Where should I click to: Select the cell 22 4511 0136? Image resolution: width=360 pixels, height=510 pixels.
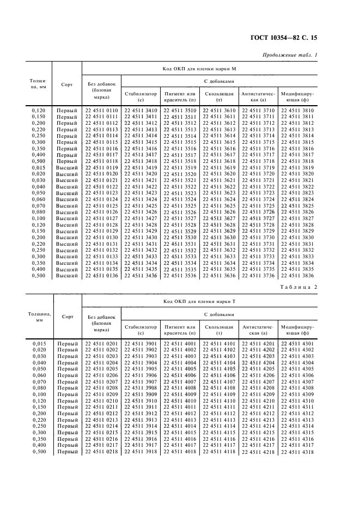pyautogui.click(x=101, y=276)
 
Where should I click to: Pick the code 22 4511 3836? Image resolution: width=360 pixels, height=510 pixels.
pyautogui.click(x=297, y=276)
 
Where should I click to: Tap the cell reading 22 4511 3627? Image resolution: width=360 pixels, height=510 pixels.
pyautogui.click(x=219, y=218)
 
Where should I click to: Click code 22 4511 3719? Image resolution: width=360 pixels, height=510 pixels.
pyautogui.click(x=258, y=168)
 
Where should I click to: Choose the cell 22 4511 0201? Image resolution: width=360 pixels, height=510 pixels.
pyautogui.click(x=101, y=344)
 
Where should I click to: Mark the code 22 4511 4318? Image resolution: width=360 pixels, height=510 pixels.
pyautogui.click(x=297, y=452)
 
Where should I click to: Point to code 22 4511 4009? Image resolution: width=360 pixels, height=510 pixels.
pyautogui.click(x=180, y=394)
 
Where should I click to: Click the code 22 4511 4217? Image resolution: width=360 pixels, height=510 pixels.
pyautogui.click(x=258, y=445)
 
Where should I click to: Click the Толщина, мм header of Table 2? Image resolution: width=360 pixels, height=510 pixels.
pyautogui.click(x=39, y=317)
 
